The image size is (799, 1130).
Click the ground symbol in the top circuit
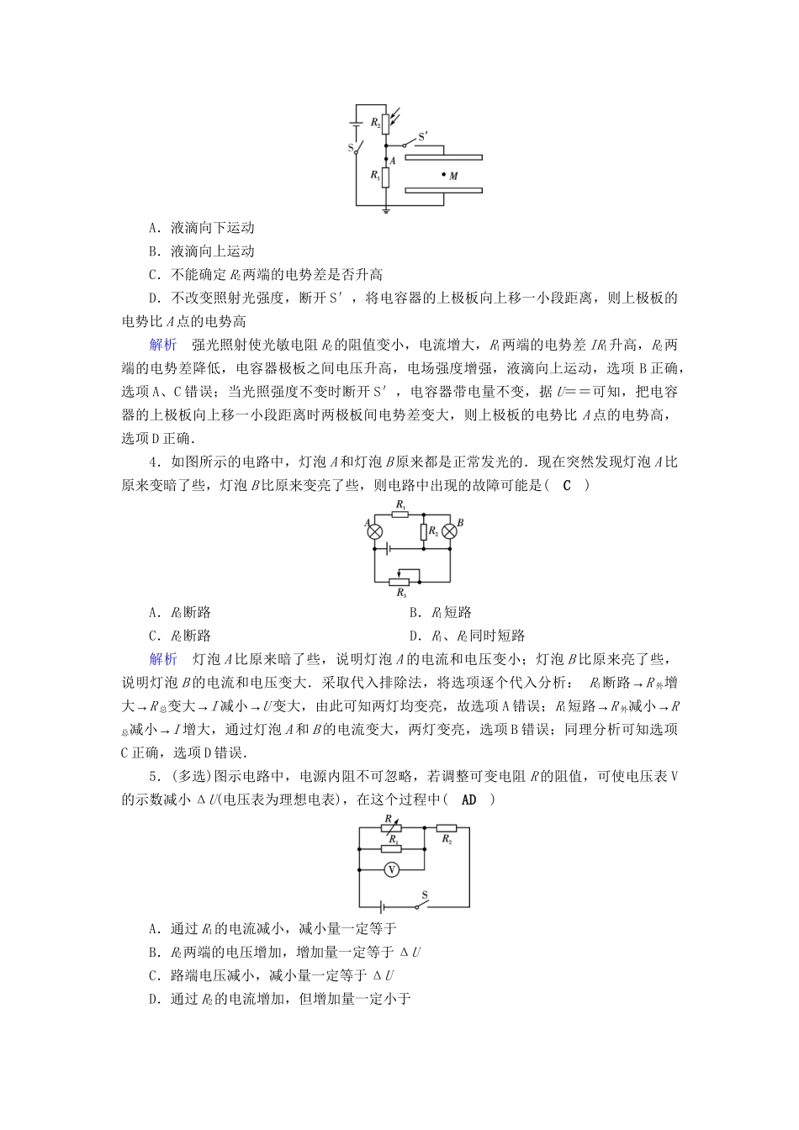[x=386, y=209]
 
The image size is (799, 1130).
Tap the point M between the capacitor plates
[x=443, y=175]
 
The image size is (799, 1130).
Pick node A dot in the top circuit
[x=386, y=157]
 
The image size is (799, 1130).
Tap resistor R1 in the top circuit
[x=386, y=177]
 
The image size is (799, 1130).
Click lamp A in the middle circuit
[x=375, y=531]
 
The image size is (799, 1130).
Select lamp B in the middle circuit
[x=450, y=531]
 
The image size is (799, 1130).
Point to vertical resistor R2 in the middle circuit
[x=424, y=531]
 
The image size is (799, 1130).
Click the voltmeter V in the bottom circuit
[x=390, y=871]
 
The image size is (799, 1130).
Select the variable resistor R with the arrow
[x=390, y=827]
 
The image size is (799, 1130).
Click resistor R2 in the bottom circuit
[x=447, y=827]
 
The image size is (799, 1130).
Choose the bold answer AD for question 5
[x=468, y=800]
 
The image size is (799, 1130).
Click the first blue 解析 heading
[x=163, y=346]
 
